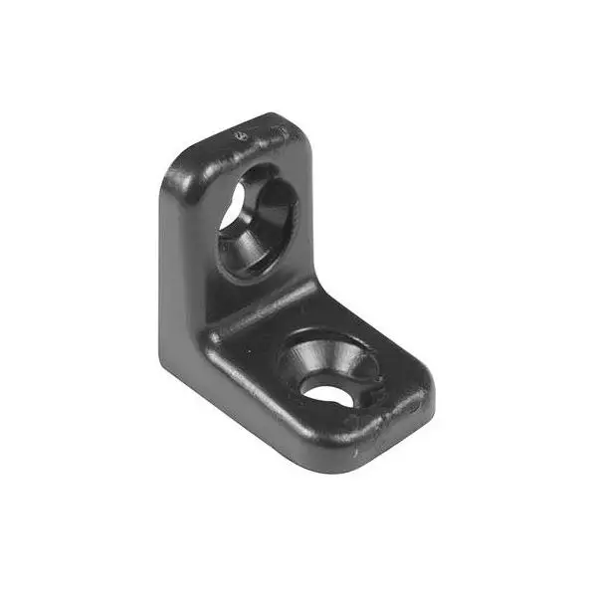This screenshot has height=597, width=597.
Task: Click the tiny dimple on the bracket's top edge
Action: tap(238, 134)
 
